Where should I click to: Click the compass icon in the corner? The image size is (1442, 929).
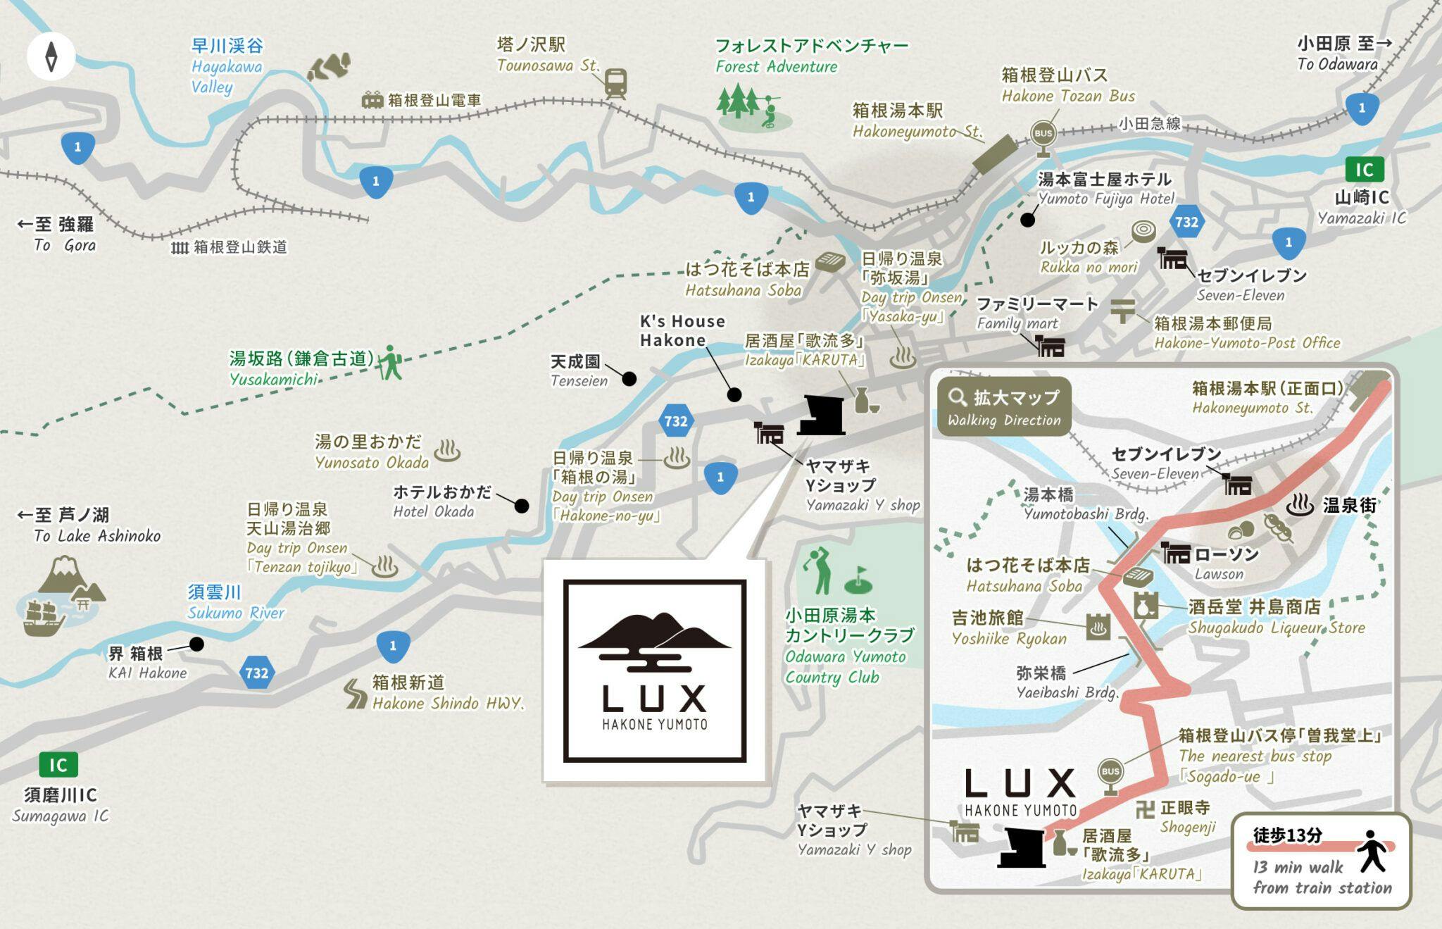coord(51,56)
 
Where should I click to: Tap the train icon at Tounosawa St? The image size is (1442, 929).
coord(615,83)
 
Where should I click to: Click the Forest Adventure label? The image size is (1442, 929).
coord(811,56)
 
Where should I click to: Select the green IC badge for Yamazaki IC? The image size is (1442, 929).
coord(1364,170)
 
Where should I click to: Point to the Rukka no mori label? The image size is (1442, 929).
coord(1079,257)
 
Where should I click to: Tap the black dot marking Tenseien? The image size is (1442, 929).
coord(629,379)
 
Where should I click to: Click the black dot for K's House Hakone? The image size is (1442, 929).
coord(734,394)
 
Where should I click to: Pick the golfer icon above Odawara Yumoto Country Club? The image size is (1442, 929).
coord(819,571)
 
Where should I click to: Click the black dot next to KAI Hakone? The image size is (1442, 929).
coord(197,644)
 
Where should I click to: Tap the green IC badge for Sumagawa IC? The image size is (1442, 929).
coord(58,765)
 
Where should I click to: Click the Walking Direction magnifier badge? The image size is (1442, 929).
coord(1003,407)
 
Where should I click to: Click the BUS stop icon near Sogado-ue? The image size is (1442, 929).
coord(1110,773)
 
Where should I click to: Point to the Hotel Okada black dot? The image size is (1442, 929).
coord(522,505)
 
